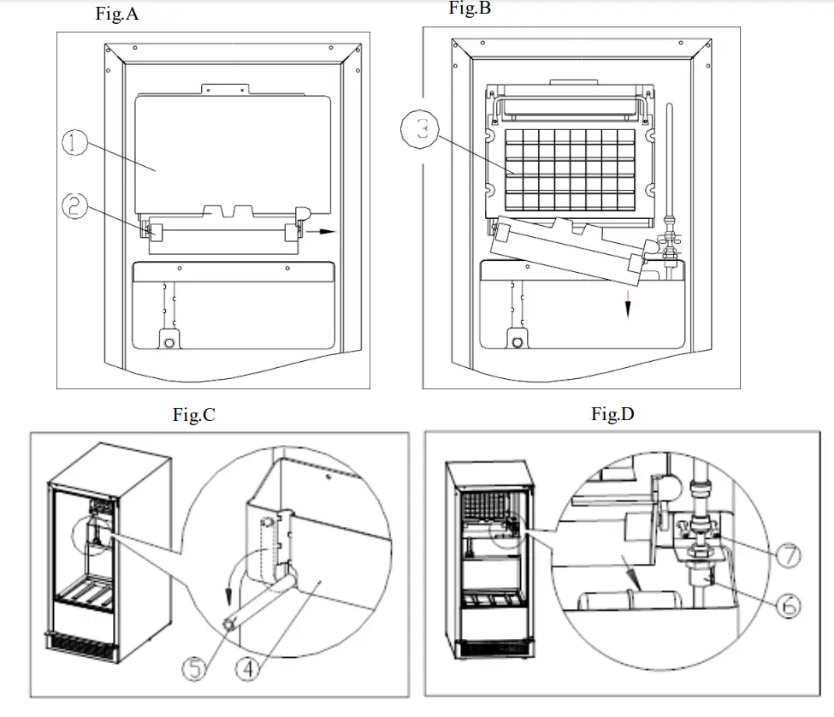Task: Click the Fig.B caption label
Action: click(x=470, y=9)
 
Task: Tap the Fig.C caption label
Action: click(x=193, y=416)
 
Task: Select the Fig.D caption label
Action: click(x=612, y=414)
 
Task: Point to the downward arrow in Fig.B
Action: click(x=628, y=301)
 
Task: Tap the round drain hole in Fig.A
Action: click(x=169, y=342)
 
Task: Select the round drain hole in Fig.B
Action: click(x=517, y=342)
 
